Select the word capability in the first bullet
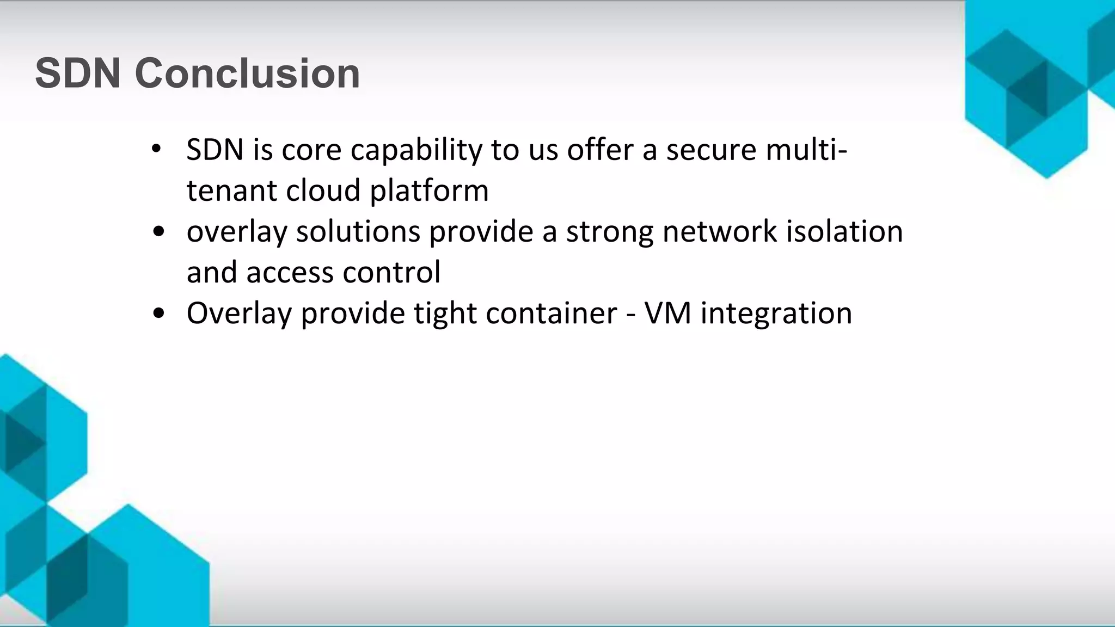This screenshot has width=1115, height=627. point(416,150)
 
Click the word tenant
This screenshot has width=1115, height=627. point(231,190)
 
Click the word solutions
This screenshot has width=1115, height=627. point(358,231)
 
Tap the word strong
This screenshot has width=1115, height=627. point(610,232)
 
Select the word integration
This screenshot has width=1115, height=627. point(776,314)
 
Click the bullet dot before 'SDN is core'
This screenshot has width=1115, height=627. point(157,149)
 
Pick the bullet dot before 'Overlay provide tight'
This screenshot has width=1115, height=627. point(158,313)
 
